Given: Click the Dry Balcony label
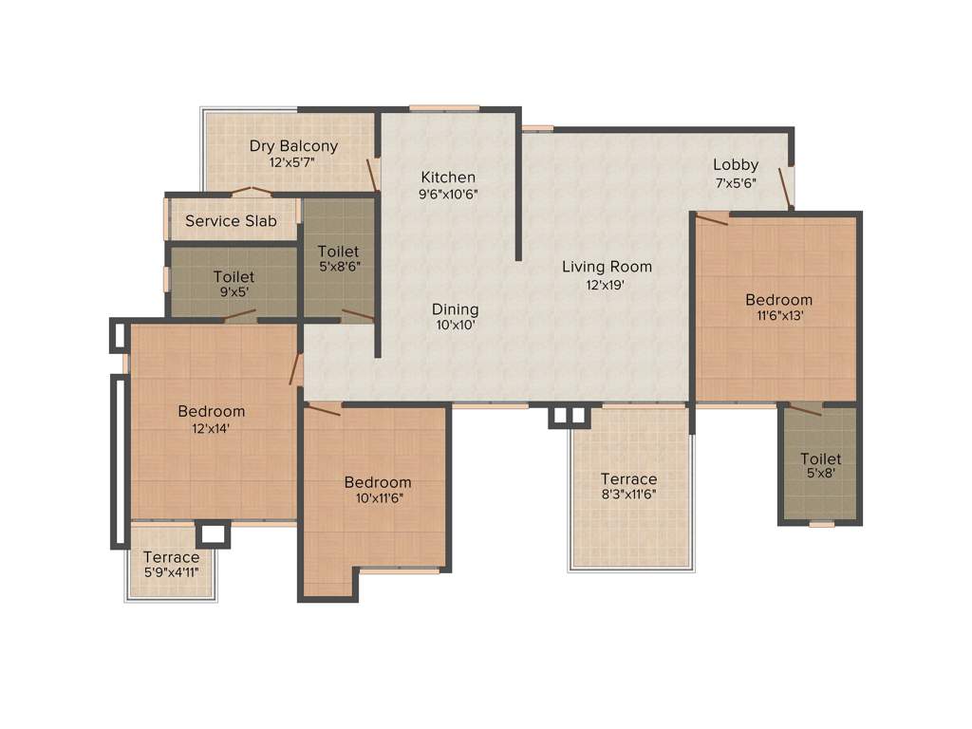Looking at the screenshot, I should pos(293,146).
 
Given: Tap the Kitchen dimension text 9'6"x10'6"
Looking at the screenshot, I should pos(448,194).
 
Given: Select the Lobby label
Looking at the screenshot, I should pos(736,165).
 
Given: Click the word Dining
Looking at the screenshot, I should pos(455,309).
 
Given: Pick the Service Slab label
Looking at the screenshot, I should pos(231,221).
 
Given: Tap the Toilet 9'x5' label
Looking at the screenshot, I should pos(233,277).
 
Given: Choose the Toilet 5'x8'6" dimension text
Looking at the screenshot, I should pos(339,267).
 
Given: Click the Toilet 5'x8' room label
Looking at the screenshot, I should pos(820,459).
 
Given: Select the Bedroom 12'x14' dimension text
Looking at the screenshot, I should pos(211,428).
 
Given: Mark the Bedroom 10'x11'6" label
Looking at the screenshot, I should pos(378,482).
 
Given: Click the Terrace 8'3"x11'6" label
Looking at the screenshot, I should pos(628,479).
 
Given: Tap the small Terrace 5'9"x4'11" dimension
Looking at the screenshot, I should pos(171,572).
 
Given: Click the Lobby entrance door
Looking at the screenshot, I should pos(786,188).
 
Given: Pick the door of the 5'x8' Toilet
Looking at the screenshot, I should pos(806,410).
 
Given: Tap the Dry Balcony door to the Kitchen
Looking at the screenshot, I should pos(373,174).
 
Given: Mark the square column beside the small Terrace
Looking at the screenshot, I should pos(213,534).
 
